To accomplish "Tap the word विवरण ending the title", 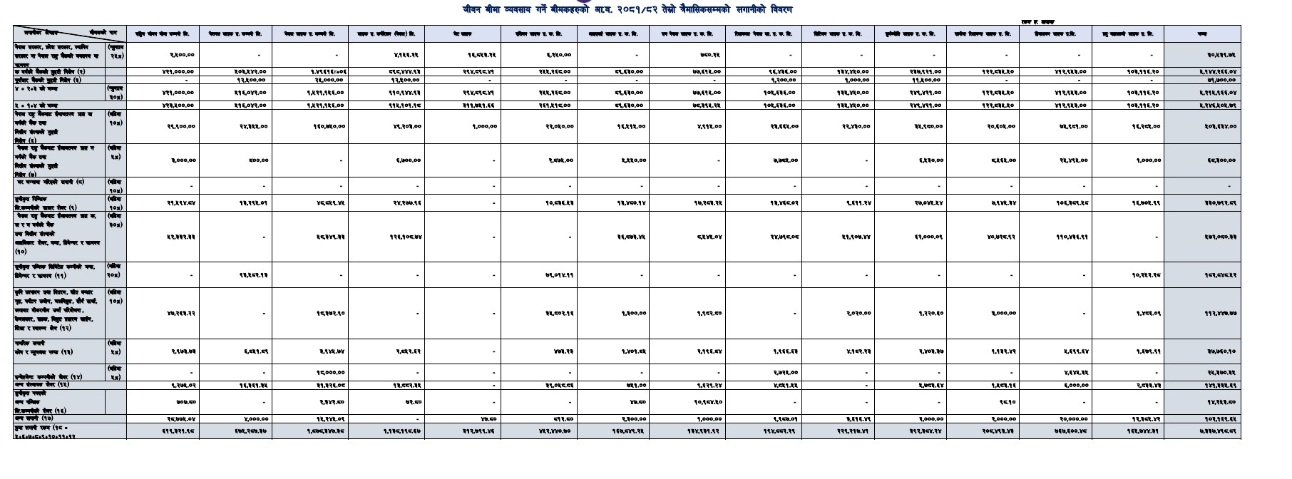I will pyautogui.click(x=778, y=10).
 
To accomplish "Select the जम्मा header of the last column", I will pyautogui.click(x=1202, y=34).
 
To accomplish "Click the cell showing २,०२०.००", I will pyautogui.click(x=858, y=313).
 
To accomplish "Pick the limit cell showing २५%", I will pyautogui.click(x=116, y=50).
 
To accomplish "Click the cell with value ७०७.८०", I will pyautogui.click(x=183, y=402).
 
